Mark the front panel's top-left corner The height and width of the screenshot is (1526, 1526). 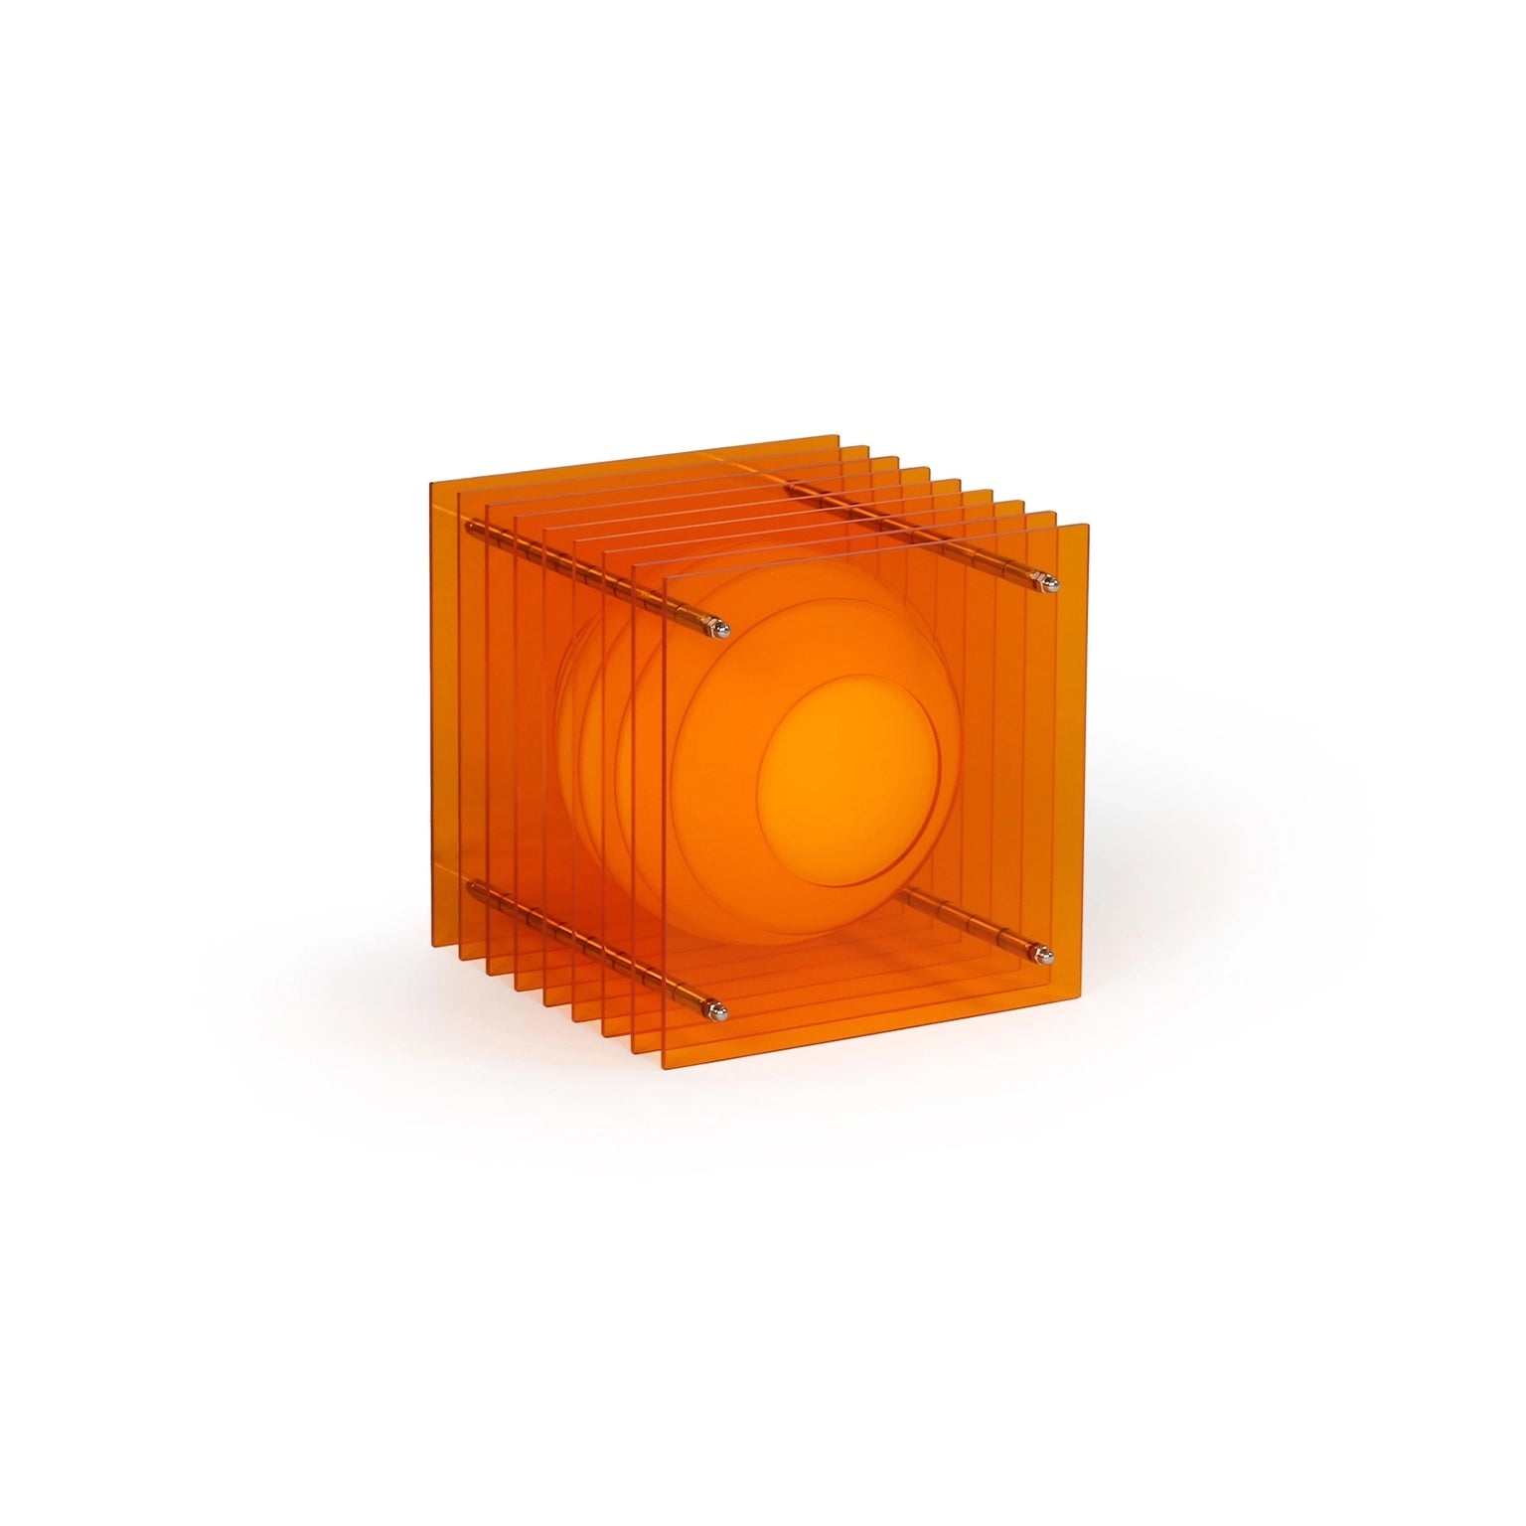[x=664, y=575]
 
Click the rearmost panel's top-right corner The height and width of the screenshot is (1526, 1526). [x=840, y=436]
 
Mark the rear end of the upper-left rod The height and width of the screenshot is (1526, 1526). [x=467, y=528]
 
